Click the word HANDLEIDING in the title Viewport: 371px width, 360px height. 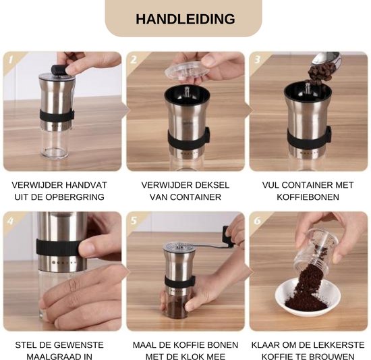(185, 19)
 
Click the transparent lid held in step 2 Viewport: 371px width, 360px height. (186, 70)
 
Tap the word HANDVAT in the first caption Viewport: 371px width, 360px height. (89, 184)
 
